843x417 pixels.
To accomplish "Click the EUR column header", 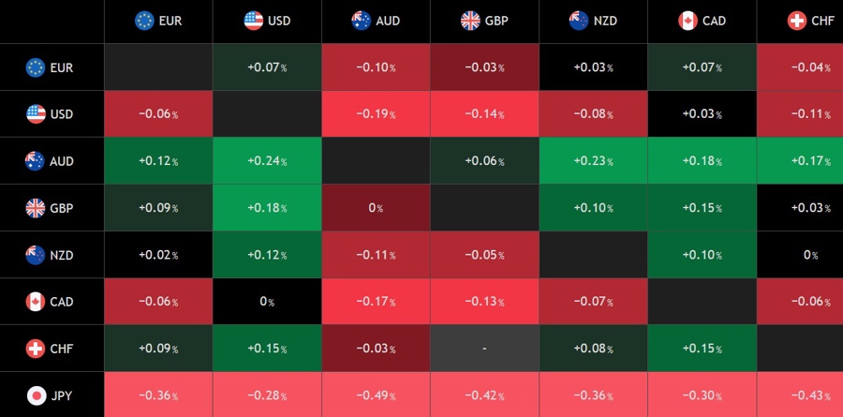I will coord(158,21).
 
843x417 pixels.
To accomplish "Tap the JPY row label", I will coord(61,395).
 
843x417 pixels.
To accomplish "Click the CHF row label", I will coord(61,349).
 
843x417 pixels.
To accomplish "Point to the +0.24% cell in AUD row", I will coord(267,161).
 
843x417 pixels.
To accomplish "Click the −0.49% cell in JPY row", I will coord(376,395).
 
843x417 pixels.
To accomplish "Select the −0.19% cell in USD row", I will coord(376,114).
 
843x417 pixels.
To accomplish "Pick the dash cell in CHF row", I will coord(484,349).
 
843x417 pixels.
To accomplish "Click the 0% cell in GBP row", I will coord(376,208).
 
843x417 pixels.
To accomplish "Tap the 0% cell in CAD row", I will coord(267,302).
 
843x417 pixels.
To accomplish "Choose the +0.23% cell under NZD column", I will coord(593,161).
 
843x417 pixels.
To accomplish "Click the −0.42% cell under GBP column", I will coord(484,395).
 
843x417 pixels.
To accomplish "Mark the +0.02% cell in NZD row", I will coord(158,255).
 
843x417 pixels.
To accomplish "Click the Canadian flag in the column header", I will coord(688,21).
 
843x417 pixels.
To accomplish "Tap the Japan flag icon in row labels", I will coord(36,395).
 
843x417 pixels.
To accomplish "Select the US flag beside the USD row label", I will coord(36,114).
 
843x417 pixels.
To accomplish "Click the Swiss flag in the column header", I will coord(797,21).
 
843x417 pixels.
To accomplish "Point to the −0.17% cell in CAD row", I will coord(376,302).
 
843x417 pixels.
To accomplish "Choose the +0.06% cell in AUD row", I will coord(484,161).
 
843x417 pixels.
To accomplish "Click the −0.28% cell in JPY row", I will coord(267,395).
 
